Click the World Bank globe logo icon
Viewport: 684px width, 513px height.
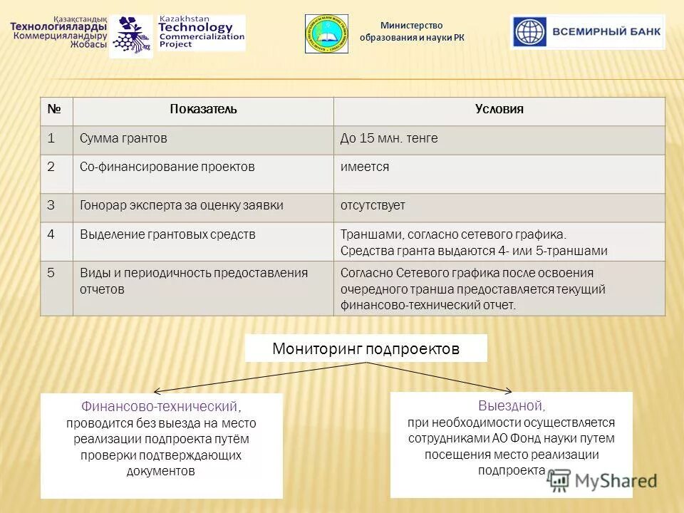tap(529, 32)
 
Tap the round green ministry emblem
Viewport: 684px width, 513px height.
tap(326, 33)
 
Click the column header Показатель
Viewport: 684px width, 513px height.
tap(203, 110)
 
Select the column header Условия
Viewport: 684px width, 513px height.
tap(499, 110)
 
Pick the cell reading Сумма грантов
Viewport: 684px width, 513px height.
tap(123, 139)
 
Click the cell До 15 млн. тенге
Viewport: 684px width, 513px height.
tap(389, 139)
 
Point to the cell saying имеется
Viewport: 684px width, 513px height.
tap(365, 167)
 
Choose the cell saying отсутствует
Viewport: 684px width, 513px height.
tap(373, 205)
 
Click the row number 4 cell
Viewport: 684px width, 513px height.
tap(51, 234)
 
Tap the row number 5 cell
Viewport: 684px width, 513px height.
tap(51, 273)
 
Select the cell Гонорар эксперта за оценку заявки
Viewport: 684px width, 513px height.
tap(181, 205)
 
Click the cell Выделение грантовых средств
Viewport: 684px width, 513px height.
tap(167, 234)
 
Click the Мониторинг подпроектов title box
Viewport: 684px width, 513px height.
tap(366, 348)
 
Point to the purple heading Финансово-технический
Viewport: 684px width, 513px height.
tap(160, 407)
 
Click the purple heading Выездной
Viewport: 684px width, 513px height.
tap(511, 406)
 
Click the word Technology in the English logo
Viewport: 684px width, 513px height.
tap(195, 28)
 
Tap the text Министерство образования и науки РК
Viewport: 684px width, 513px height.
tap(411, 31)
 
